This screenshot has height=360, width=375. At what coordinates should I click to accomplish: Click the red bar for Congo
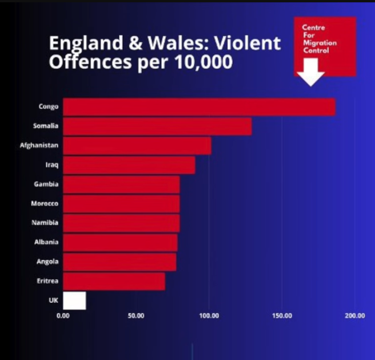click(x=199, y=107)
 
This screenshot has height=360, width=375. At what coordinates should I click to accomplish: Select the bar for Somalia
click(x=157, y=126)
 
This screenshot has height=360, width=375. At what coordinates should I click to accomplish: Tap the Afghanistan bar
click(x=137, y=146)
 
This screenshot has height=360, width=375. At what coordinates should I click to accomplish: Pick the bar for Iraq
click(x=129, y=165)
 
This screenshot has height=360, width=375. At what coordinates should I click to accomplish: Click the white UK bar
click(x=74, y=300)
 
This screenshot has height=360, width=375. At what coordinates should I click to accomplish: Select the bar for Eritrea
click(x=114, y=281)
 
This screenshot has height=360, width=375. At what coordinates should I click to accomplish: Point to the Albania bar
click(x=120, y=242)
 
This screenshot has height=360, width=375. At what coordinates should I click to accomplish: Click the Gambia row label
click(x=47, y=184)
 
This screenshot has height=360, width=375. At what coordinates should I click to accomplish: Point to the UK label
click(x=54, y=300)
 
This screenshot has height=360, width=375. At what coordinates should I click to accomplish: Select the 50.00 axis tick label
click(x=135, y=315)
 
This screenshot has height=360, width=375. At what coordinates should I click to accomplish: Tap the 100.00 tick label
click(x=209, y=315)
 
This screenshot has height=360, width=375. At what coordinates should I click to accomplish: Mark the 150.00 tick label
click(x=282, y=315)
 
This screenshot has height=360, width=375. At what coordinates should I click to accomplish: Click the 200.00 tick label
click(x=355, y=315)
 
